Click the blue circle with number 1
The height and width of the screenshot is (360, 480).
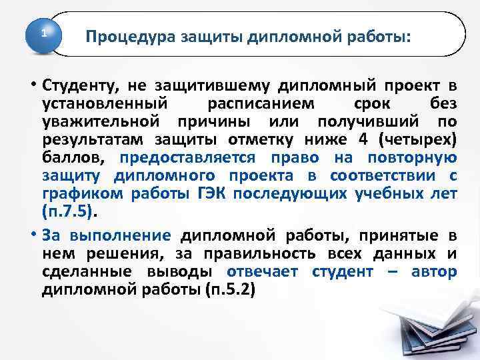[x=45, y=33]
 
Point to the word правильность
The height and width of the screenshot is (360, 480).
[x=265, y=254]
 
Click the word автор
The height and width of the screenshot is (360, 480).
[x=435, y=272]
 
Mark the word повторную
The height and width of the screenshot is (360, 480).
[x=419, y=158]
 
